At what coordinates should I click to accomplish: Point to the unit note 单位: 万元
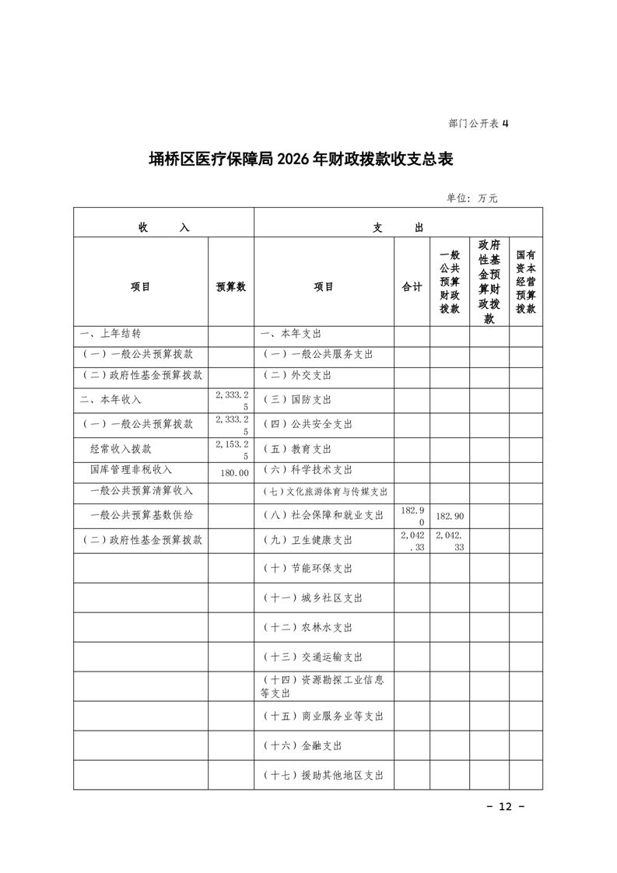click(472, 198)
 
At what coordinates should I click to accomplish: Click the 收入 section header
click(163, 227)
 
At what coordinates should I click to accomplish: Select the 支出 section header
click(398, 227)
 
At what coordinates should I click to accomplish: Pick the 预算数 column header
click(230, 286)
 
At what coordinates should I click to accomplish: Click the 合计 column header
click(412, 286)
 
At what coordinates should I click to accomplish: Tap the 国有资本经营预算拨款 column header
click(525, 282)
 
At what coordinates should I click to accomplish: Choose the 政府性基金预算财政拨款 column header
click(489, 282)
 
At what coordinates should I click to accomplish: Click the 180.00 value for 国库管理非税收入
click(233, 472)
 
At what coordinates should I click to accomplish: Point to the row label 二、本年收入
click(110, 399)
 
